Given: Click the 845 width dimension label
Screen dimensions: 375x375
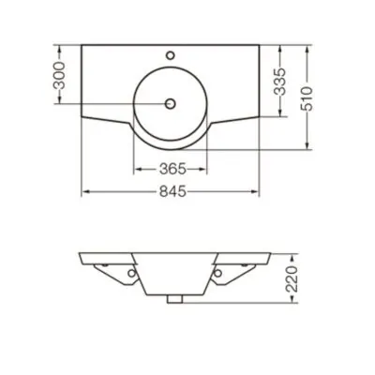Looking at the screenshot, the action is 172,191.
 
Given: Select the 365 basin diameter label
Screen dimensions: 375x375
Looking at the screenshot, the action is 172,169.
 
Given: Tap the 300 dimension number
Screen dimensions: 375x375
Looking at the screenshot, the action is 59,75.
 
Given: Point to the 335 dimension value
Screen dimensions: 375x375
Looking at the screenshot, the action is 279,82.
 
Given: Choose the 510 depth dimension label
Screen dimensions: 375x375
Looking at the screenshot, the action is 307,98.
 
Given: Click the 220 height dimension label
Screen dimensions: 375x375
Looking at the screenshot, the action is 292,279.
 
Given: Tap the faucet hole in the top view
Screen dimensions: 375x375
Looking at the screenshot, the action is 171,55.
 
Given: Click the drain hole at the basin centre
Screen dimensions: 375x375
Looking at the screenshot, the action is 171,103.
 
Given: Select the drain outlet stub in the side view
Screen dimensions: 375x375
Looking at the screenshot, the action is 174,299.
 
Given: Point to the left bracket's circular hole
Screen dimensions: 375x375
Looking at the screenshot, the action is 132,274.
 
